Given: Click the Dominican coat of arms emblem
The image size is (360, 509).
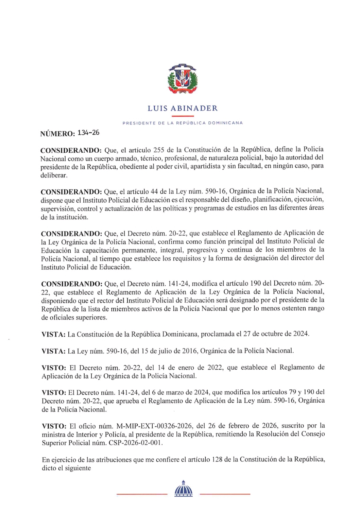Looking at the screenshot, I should [x=183, y=79].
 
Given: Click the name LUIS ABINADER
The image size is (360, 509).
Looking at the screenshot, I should [x=183, y=108].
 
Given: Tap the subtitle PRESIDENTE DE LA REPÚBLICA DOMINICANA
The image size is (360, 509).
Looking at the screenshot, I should [x=183, y=123].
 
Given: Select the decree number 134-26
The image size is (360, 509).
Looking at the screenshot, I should [x=88, y=133].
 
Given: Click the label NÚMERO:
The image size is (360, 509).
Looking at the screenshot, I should [x=57, y=134].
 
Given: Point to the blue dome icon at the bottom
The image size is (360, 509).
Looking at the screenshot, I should [x=183, y=489].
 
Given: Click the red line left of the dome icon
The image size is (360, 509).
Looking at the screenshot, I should [x=142, y=494].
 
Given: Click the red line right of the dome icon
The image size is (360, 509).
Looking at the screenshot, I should [x=225, y=494].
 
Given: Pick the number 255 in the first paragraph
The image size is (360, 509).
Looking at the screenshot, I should [x=159, y=150].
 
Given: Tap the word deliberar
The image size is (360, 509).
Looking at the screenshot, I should [x=54, y=175].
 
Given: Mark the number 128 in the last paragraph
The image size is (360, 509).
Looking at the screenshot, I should [x=217, y=459].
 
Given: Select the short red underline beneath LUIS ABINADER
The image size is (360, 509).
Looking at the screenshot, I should [x=183, y=116].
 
